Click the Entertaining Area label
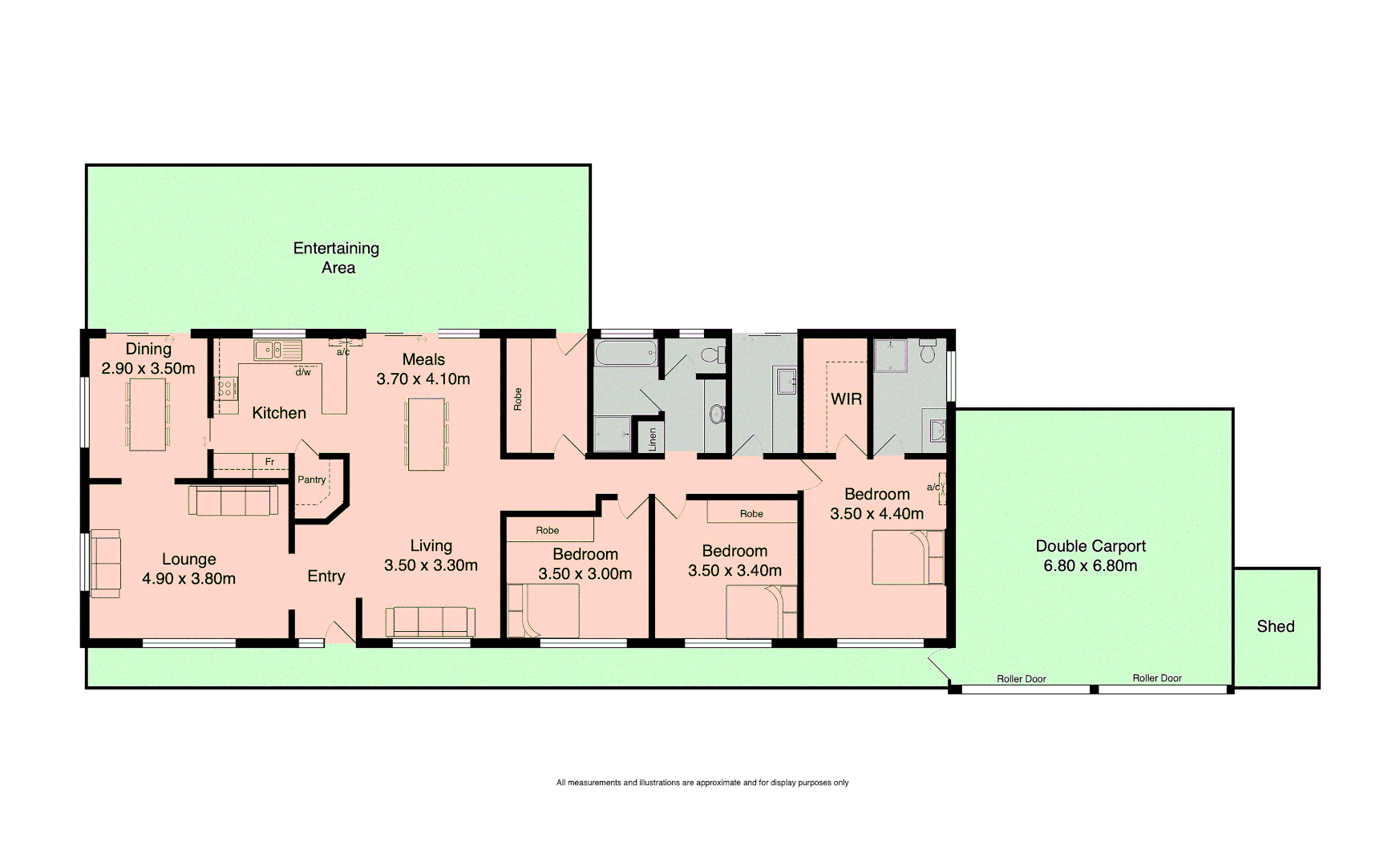point(337,258)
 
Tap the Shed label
point(1275,626)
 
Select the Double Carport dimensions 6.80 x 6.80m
point(1090,566)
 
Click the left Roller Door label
point(1021,678)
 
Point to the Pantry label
point(311,480)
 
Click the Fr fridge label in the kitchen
point(269,462)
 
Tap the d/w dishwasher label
point(302,372)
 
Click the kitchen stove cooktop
point(225,389)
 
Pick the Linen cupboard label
point(652,439)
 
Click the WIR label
point(846,399)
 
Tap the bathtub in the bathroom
point(625,353)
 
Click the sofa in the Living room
point(430,622)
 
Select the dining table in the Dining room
point(148,414)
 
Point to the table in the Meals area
point(426,434)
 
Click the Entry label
point(326,576)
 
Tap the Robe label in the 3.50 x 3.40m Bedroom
point(751,514)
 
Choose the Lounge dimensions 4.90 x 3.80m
point(188,579)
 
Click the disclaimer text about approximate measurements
point(702,783)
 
